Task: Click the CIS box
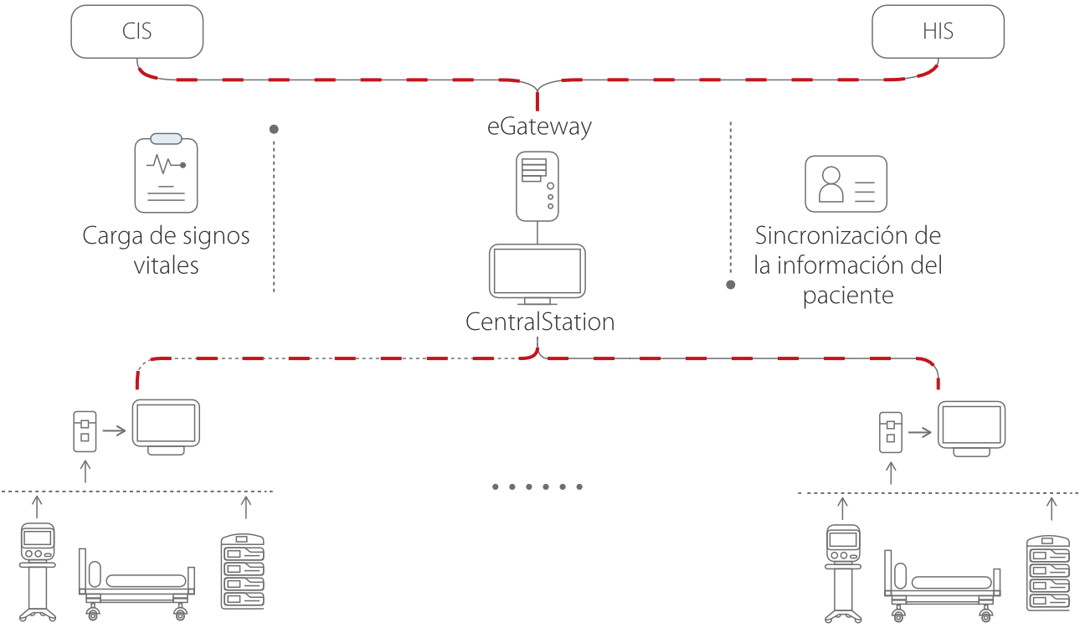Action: [137, 33]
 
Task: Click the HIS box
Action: [938, 33]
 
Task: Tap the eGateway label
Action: [540, 126]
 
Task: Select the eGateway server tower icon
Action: [537, 186]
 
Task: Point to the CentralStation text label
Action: [540, 322]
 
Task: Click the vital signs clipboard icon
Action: [166, 173]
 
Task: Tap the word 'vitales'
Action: [166, 265]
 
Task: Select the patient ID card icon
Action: [846, 183]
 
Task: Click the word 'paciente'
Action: [848, 296]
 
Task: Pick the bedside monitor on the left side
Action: [167, 427]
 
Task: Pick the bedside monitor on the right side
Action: [971, 429]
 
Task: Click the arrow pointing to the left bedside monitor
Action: [115, 431]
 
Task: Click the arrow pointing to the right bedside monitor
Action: [920, 433]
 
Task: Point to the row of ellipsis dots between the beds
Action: [536, 486]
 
